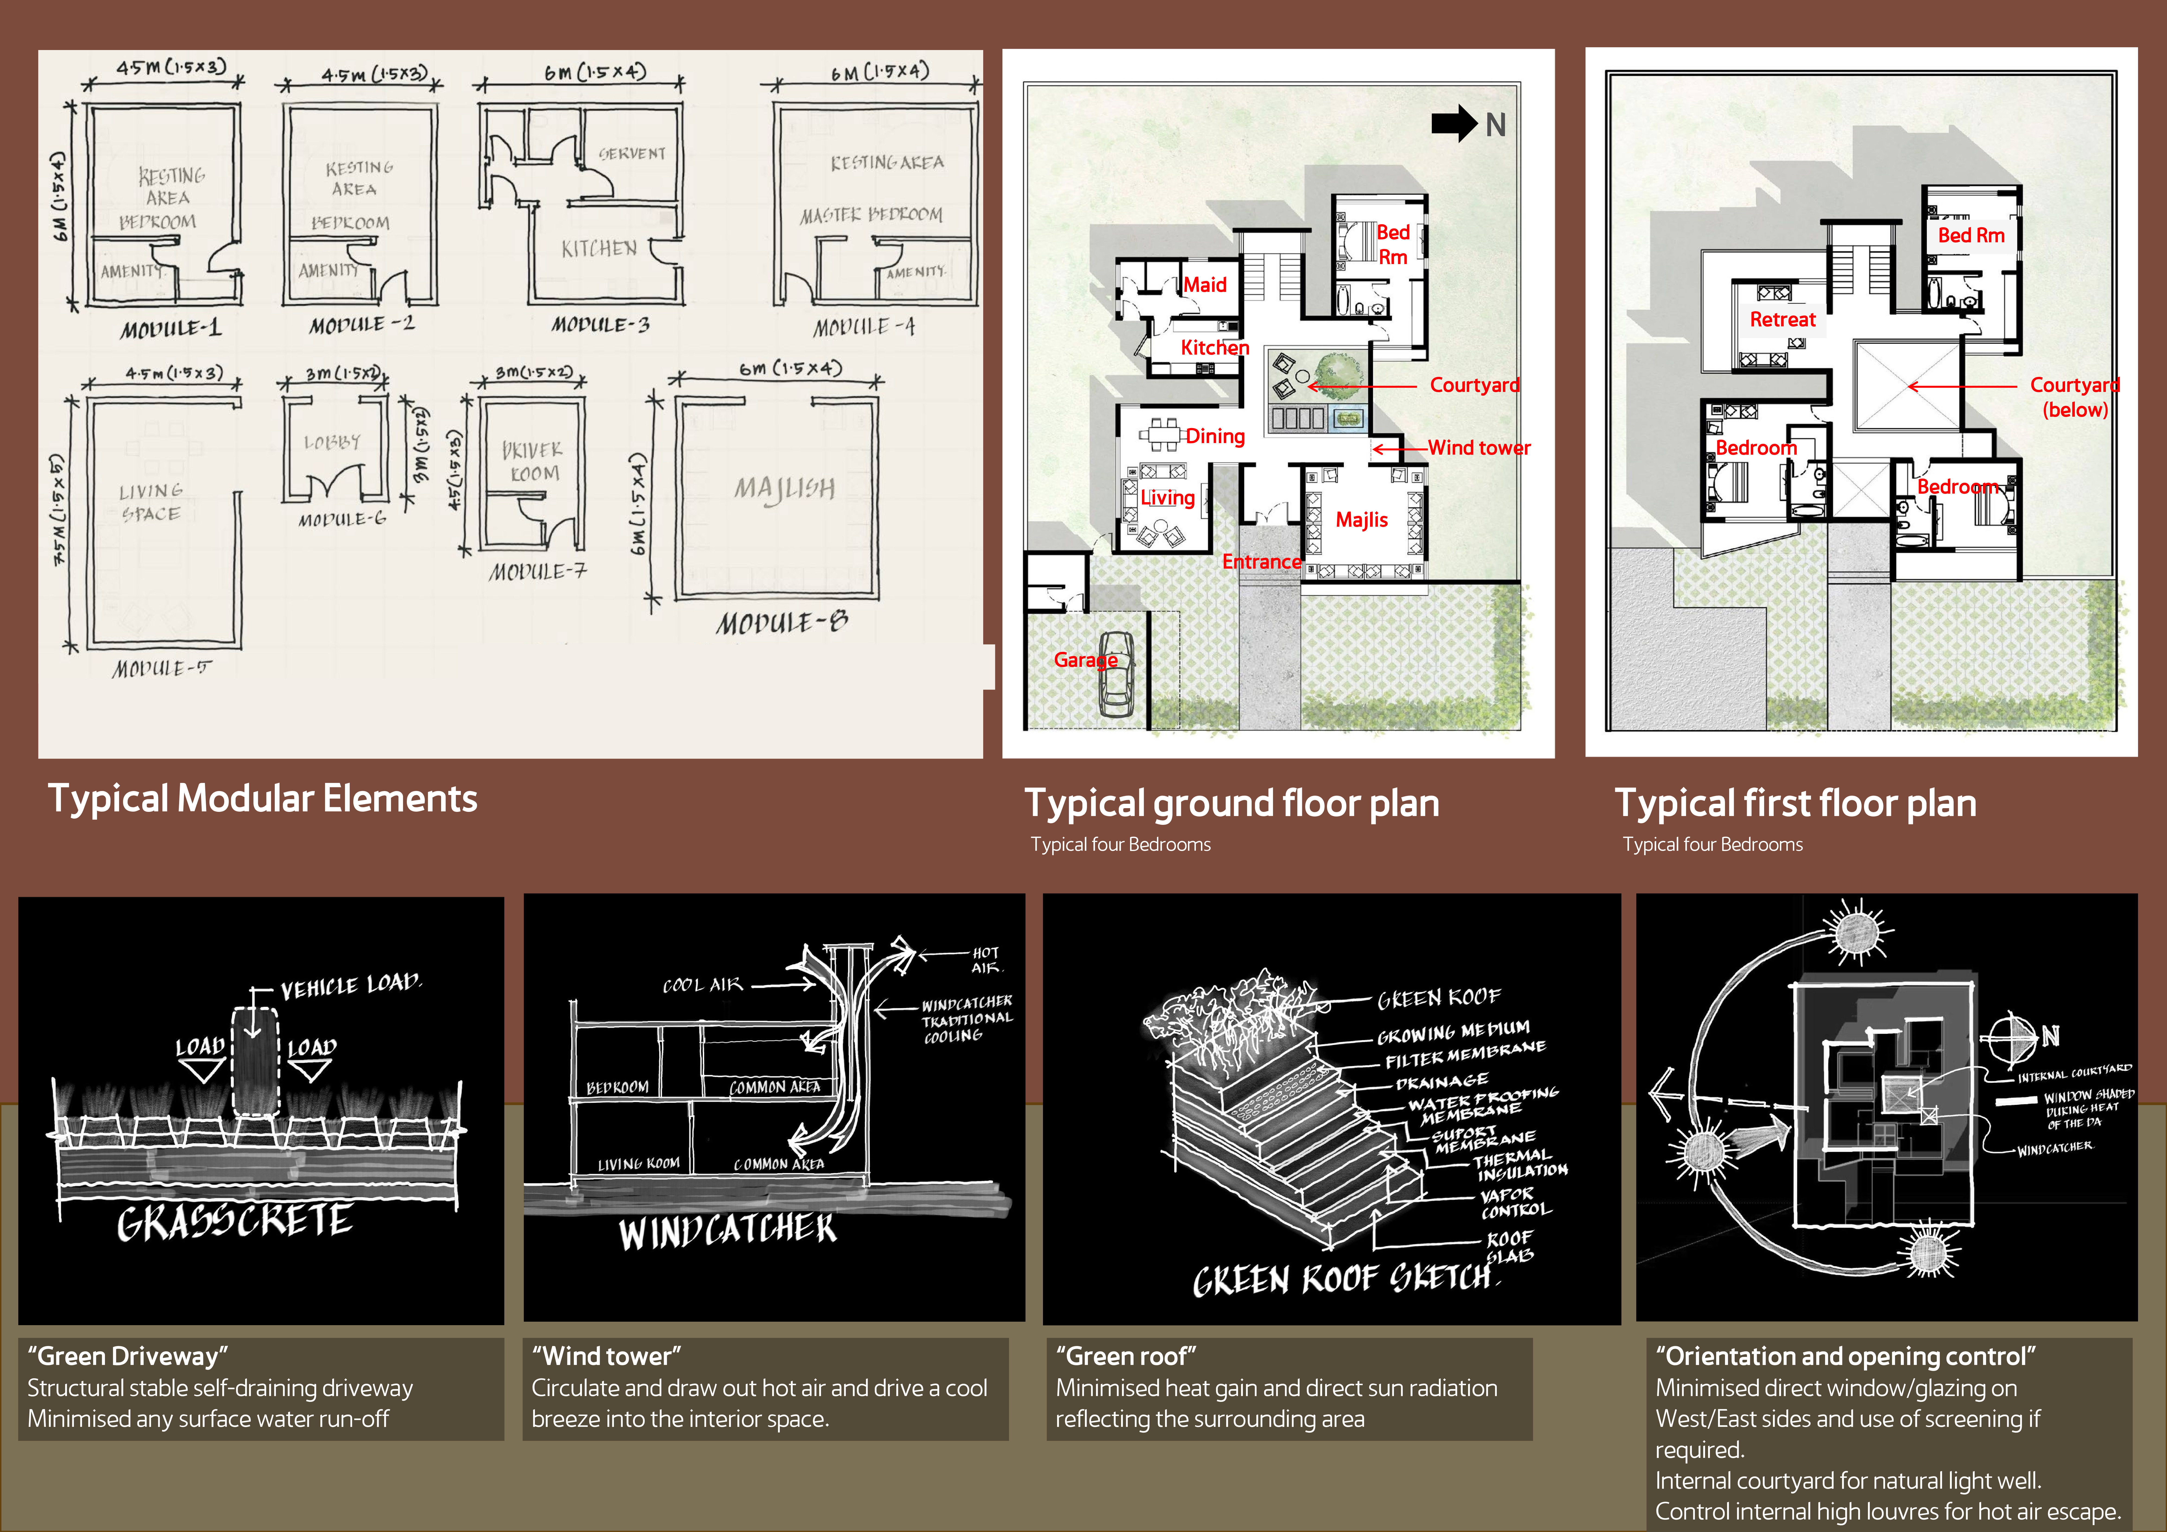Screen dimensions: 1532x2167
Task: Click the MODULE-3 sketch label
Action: pos(600,325)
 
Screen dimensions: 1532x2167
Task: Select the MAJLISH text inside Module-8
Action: pos(784,488)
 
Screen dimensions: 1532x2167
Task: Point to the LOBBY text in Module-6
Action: pos(332,442)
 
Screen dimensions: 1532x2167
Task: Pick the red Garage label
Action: pos(1085,660)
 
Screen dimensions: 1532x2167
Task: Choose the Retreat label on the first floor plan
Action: pos(1782,319)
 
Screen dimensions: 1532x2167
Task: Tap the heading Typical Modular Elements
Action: pos(262,799)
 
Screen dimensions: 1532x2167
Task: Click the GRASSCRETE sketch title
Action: pos(235,1221)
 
